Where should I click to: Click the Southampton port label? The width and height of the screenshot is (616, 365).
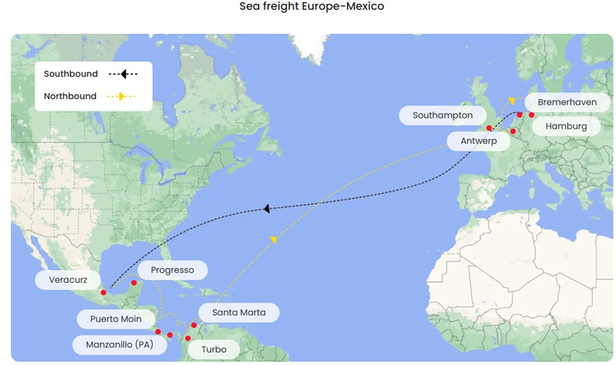pyautogui.click(x=442, y=116)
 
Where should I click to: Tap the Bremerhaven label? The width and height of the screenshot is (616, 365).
pyautogui.click(x=566, y=103)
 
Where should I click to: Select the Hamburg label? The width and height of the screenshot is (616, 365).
pyautogui.click(x=566, y=126)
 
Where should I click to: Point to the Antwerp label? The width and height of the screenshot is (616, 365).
pyautogui.click(x=478, y=141)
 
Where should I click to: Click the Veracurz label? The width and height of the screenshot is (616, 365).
pyautogui.click(x=68, y=280)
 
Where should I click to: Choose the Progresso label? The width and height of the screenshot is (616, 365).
pyautogui.click(x=173, y=271)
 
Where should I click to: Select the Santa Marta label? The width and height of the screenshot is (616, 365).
pyautogui.click(x=238, y=313)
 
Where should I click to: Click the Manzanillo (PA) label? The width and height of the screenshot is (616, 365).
pyautogui.click(x=120, y=345)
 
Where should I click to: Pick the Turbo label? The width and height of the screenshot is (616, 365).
pyautogui.click(x=213, y=350)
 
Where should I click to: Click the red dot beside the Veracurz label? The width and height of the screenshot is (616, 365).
pyautogui.click(x=103, y=293)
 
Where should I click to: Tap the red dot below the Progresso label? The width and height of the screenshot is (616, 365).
pyautogui.click(x=134, y=283)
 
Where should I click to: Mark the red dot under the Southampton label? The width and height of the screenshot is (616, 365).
pyautogui.click(x=489, y=128)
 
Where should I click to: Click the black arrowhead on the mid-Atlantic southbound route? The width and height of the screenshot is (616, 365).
pyautogui.click(x=267, y=209)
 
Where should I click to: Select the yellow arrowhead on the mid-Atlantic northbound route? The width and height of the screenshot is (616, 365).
pyautogui.click(x=274, y=239)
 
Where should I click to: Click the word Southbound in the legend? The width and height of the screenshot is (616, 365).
pyautogui.click(x=71, y=74)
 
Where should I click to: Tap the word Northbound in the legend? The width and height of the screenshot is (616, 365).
pyautogui.click(x=70, y=97)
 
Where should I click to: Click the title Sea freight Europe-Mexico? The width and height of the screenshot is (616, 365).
pyautogui.click(x=312, y=7)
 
